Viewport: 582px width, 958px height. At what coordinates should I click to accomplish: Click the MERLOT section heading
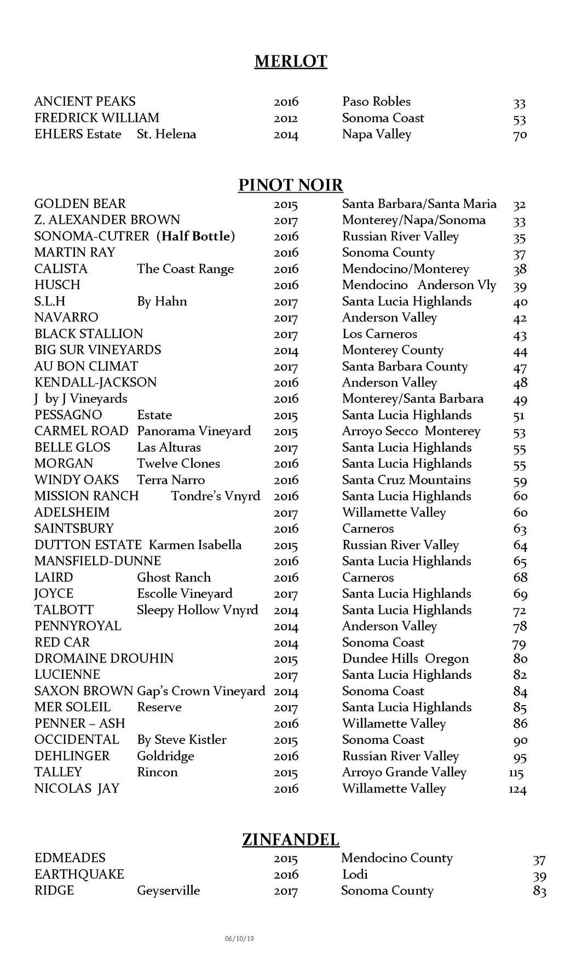(291, 61)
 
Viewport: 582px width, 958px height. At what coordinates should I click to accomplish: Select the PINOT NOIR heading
(291, 185)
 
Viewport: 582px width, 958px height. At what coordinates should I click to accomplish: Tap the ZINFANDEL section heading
(291, 839)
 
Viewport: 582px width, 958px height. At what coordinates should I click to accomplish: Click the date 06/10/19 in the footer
(239, 938)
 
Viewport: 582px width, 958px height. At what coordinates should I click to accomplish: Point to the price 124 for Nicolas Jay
(517, 789)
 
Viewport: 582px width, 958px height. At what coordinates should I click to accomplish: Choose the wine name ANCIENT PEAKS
(85, 101)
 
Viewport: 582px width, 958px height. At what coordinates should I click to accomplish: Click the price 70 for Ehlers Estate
(520, 135)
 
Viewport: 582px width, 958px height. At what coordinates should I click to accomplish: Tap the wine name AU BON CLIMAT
(86, 366)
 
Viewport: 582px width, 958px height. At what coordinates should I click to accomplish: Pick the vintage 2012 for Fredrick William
(286, 118)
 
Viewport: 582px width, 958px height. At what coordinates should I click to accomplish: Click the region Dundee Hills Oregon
(405, 659)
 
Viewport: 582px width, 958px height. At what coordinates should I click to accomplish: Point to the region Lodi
(354, 874)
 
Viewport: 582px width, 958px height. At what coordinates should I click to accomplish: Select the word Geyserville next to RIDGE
(168, 891)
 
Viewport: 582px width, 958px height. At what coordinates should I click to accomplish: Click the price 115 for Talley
(516, 773)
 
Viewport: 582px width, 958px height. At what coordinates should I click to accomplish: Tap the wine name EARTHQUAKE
(79, 874)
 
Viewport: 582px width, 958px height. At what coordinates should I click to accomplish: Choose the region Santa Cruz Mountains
(406, 480)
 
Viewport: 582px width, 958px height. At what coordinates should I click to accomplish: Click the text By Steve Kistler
(181, 740)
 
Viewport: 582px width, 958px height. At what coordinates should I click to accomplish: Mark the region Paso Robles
(376, 101)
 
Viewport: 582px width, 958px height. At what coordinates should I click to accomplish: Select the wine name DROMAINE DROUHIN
(103, 659)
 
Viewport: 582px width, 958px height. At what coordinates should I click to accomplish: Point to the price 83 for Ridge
(539, 891)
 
